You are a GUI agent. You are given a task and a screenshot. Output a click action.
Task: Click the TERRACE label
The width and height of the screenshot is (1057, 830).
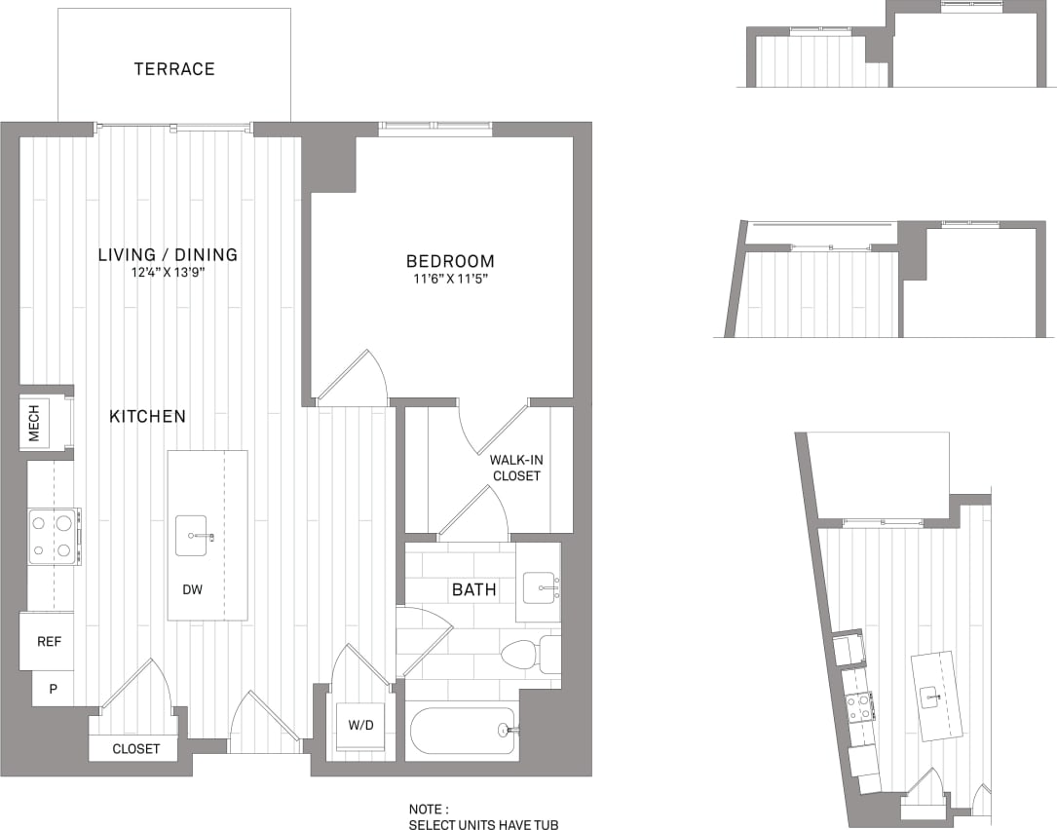(x=174, y=69)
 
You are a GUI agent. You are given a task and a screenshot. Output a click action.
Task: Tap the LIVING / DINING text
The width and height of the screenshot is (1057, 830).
(x=168, y=255)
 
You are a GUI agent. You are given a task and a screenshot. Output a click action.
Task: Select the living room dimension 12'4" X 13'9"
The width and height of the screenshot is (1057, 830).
(x=168, y=273)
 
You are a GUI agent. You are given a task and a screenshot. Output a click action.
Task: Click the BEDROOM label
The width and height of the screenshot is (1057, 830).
(x=450, y=261)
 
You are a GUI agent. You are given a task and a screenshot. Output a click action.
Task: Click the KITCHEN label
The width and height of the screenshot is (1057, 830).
(x=147, y=416)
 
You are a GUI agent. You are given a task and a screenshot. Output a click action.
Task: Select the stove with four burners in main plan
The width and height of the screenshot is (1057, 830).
(x=54, y=536)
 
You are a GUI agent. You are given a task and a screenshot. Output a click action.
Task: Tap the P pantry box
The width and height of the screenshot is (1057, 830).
(x=53, y=688)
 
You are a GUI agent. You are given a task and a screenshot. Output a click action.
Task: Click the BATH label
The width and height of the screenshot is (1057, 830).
(x=473, y=589)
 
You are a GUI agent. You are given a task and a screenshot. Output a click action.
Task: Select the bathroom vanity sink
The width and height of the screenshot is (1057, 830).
(x=538, y=586)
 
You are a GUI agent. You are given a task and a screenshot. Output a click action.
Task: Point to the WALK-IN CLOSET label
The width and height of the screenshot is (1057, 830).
(x=515, y=468)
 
